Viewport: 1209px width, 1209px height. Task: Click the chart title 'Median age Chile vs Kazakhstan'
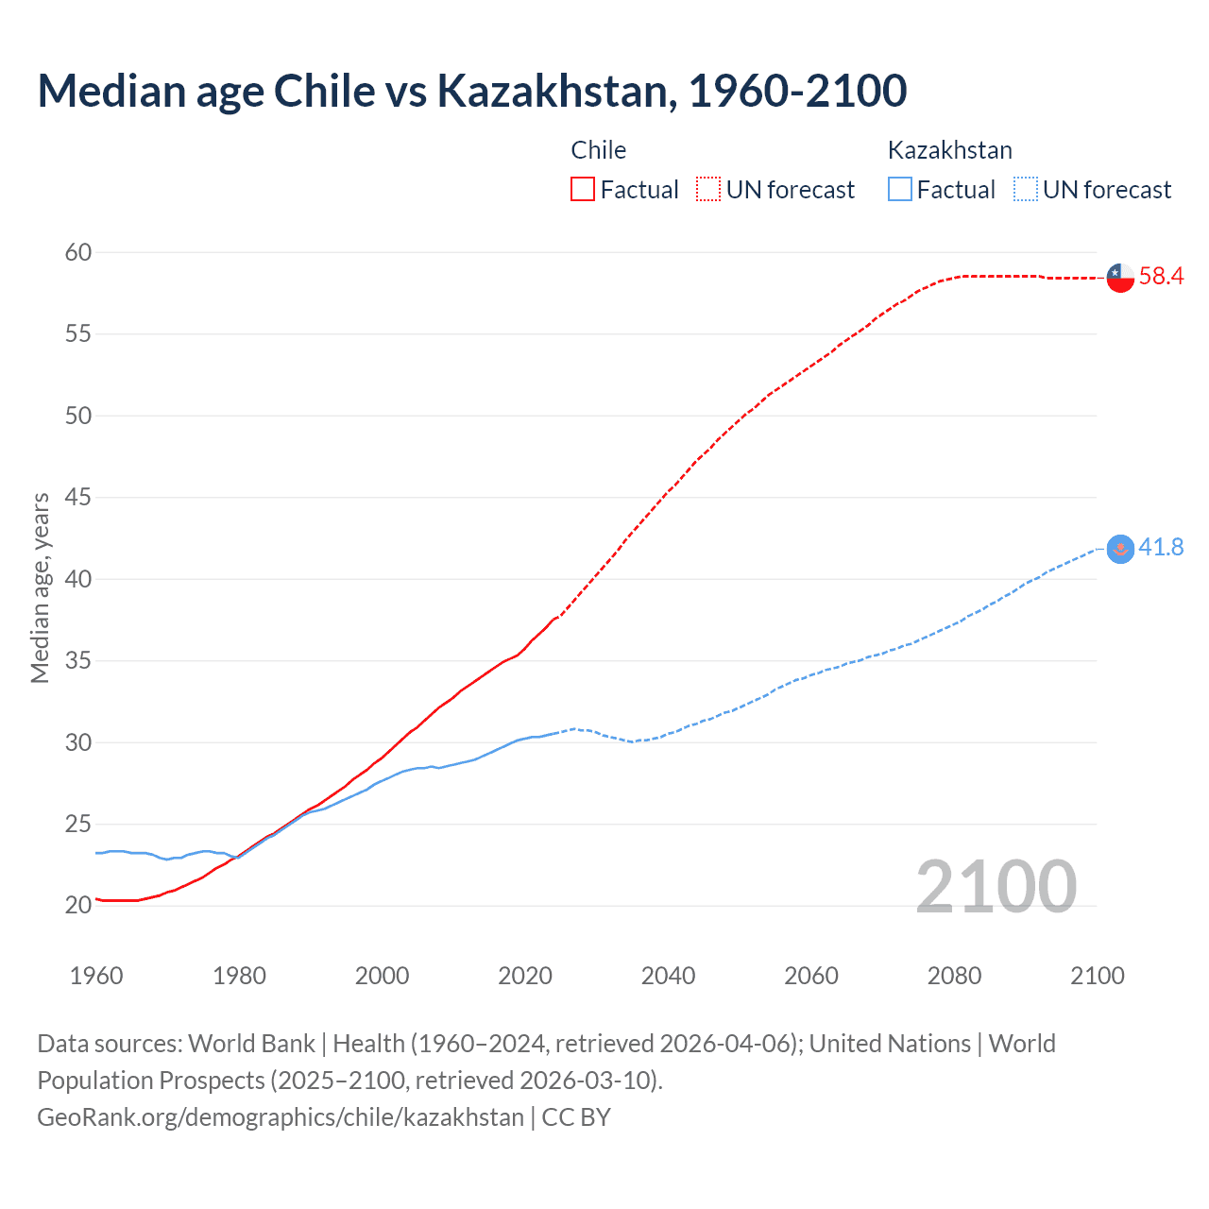click(x=471, y=91)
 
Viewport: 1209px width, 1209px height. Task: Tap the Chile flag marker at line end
click(x=1120, y=278)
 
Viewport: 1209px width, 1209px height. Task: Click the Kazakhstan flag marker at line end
click(x=1120, y=549)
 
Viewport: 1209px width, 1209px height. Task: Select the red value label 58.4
click(x=1161, y=277)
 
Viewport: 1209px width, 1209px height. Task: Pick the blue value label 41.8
click(x=1161, y=548)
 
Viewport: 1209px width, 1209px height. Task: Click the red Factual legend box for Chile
click(x=583, y=190)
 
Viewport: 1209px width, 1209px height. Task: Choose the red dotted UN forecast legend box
click(x=708, y=190)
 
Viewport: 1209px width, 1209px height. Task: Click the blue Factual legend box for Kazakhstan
click(x=900, y=190)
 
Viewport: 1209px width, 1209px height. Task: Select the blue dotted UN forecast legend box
click(x=1025, y=190)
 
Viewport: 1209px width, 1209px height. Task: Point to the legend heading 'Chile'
click(x=599, y=150)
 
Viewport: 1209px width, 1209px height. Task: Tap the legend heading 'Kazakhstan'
click(x=949, y=150)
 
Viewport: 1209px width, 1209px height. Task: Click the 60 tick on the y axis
click(x=78, y=252)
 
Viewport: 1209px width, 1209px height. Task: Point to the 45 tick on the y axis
click(x=78, y=497)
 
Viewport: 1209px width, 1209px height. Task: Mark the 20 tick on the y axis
click(x=78, y=905)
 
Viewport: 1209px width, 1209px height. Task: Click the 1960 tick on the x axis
click(x=96, y=976)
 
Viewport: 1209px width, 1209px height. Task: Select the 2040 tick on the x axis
click(x=668, y=976)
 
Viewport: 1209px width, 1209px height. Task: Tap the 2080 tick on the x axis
click(x=954, y=976)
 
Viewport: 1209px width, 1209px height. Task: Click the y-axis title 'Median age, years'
click(x=40, y=587)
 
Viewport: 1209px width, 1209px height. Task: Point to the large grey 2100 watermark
click(x=996, y=886)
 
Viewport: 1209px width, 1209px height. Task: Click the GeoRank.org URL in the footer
click(x=280, y=1117)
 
